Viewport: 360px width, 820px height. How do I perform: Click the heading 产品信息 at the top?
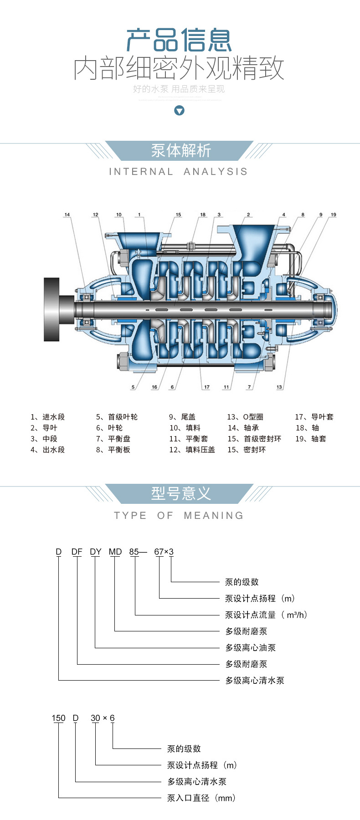pos(179,40)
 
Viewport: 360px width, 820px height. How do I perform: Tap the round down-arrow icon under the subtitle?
pos(180,110)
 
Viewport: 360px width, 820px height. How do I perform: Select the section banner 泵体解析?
pos(181,151)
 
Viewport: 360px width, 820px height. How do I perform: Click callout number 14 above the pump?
pos(67,215)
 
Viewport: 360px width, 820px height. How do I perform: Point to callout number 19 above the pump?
pos(334,215)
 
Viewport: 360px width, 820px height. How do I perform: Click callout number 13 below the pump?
pos(279,387)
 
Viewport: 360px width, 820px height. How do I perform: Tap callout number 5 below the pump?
pos(133,387)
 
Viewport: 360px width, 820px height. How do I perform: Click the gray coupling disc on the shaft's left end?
pos(52,309)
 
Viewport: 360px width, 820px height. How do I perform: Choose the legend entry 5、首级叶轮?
pos(117,417)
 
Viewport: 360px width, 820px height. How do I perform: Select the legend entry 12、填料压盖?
pos(192,450)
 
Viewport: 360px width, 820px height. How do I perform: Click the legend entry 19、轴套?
pos(311,439)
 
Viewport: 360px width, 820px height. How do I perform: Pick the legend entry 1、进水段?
pos(48,417)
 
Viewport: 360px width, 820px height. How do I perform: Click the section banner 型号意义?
pos(181,493)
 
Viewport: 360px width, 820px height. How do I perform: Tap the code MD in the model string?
pos(115,552)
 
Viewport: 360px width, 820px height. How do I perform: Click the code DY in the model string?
pos(96,552)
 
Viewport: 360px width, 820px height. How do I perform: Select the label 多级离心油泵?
pos(250,647)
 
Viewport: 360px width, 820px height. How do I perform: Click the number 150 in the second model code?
pos(58,718)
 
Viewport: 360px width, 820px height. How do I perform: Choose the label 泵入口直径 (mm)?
pos(201,798)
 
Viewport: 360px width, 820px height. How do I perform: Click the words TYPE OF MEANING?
pos(179,515)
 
